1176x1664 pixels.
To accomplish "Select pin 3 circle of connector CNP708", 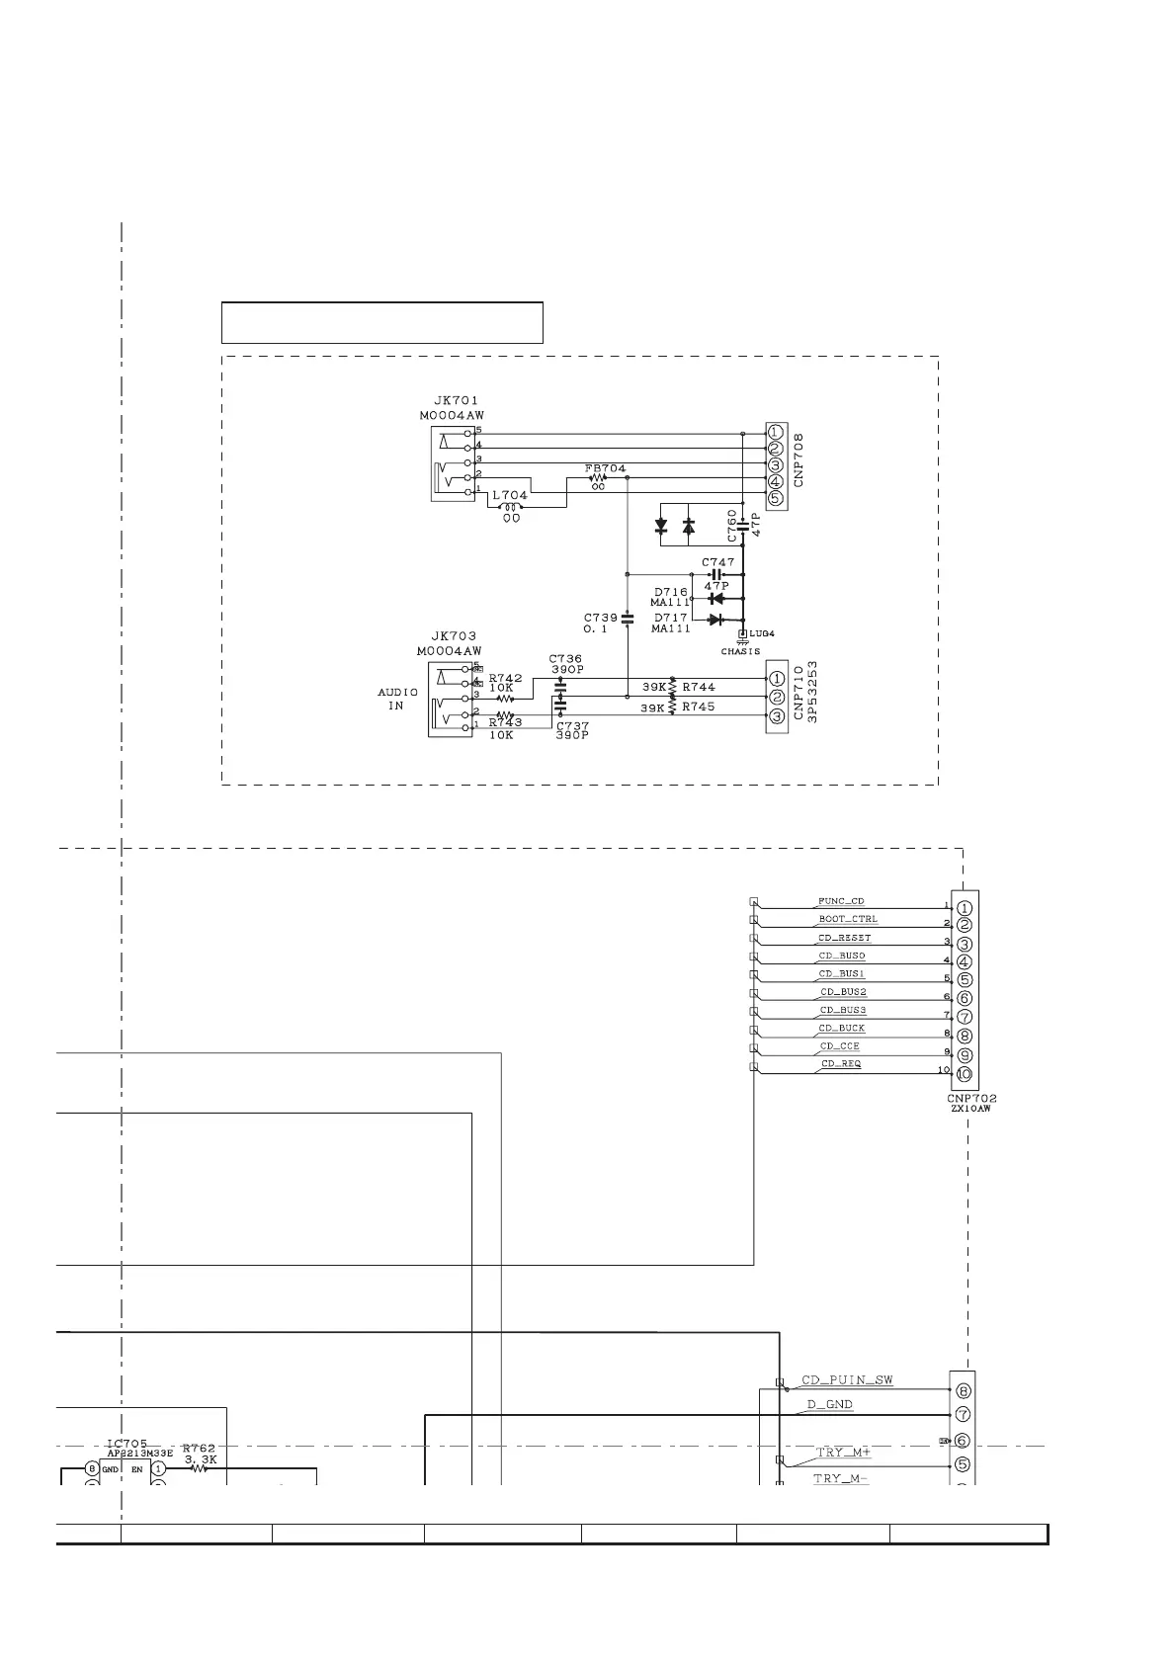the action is [x=776, y=464].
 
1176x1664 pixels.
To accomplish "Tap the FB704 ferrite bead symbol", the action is [x=597, y=476].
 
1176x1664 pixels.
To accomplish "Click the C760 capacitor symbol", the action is [x=743, y=530].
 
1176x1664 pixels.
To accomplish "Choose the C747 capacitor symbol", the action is [x=717, y=574].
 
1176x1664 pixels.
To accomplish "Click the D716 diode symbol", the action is [x=716, y=598].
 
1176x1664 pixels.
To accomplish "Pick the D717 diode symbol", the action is [x=716, y=620].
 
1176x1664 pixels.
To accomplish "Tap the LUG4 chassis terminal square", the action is [x=743, y=633].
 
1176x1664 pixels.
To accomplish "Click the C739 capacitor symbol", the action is [x=627, y=619].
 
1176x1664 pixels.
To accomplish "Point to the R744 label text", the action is [x=699, y=687].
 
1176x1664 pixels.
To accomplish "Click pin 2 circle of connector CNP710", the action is [x=777, y=698].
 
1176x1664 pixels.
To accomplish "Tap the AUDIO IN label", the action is [x=397, y=699].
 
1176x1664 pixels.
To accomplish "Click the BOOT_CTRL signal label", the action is [x=847, y=919].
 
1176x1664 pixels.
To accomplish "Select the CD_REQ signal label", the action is [x=840, y=1064].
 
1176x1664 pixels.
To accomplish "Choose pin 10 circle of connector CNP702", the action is [x=965, y=1075].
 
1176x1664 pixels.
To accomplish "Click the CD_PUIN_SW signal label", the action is [x=847, y=1380].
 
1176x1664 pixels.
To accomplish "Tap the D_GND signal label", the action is [x=829, y=1404].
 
